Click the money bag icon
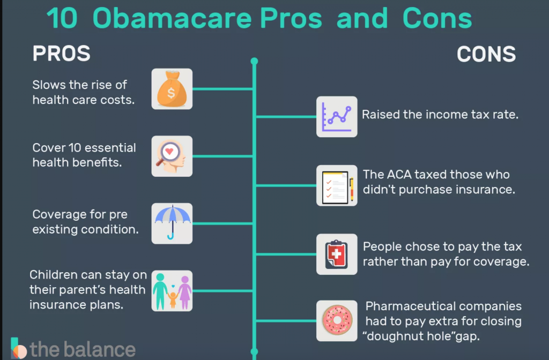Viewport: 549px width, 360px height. pyautogui.click(x=172, y=89)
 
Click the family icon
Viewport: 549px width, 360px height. pyautogui.click(x=172, y=291)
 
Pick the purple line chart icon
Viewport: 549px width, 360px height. pyautogui.click(x=337, y=117)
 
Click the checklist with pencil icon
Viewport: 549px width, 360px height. pyautogui.click(x=337, y=185)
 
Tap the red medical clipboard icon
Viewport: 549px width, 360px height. pyautogui.click(x=337, y=254)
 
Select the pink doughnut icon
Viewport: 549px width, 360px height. pyautogui.click(x=337, y=321)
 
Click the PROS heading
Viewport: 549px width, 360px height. pyautogui.click(x=61, y=54)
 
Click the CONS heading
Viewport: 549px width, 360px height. pyautogui.click(x=486, y=54)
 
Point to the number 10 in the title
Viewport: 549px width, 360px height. pyautogui.click(x=62, y=18)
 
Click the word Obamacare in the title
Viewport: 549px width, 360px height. pyautogui.click(x=172, y=18)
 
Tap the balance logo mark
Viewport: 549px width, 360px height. pyautogui.click(x=18, y=348)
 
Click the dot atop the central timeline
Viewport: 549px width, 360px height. pyautogui.click(x=254, y=61)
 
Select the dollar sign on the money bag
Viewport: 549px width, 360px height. pyautogui.click(x=171, y=93)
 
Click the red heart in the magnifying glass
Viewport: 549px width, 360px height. pyautogui.click(x=169, y=152)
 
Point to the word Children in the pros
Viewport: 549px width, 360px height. pyautogui.click(x=53, y=275)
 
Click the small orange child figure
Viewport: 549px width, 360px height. pyautogui.click(x=173, y=300)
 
